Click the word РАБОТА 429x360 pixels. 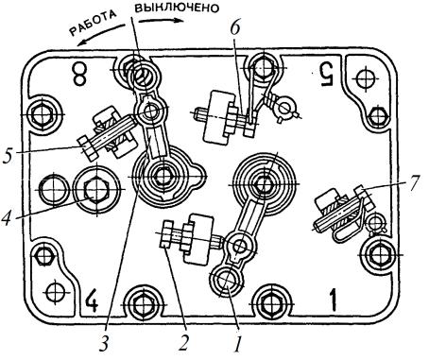point(93,25)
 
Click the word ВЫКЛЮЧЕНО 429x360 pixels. point(177,8)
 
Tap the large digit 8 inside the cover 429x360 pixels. point(78,73)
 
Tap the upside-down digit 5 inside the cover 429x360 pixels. point(325,74)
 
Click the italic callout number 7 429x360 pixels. point(413,184)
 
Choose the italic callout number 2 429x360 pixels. point(183,342)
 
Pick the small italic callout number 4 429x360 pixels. point(9,217)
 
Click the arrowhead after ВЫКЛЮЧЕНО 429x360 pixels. point(179,21)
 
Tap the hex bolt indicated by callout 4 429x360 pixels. point(95,189)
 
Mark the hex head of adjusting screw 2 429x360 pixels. point(166,234)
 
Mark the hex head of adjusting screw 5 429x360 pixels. point(87,147)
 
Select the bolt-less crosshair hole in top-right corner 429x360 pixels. point(366,77)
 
